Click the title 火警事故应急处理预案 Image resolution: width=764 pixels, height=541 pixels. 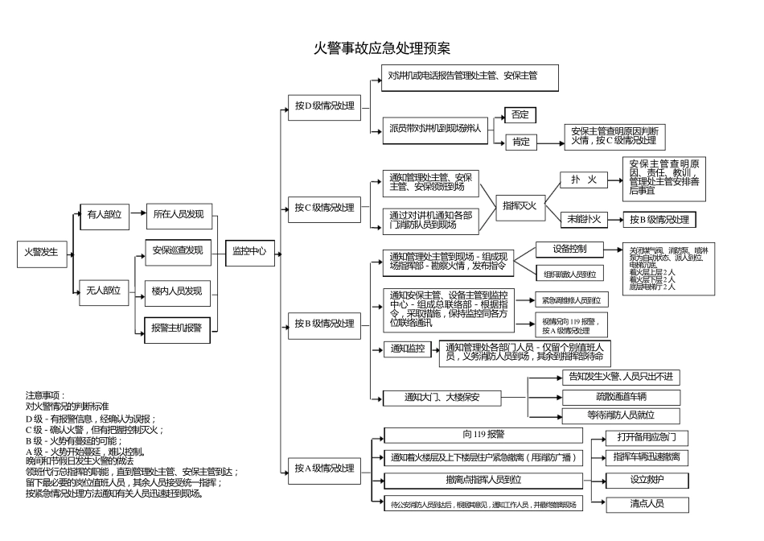[x=381, y=47]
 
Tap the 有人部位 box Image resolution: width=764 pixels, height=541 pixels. [x=105, y=214]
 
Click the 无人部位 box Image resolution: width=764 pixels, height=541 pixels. [x=105, y=291]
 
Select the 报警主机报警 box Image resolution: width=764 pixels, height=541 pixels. [x=177, y=328]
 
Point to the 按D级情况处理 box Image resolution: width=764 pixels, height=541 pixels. [x=324, y=105]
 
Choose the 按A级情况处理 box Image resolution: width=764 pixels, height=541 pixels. [x=324, y=469]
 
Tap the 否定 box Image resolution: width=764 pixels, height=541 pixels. [x=520, y=115]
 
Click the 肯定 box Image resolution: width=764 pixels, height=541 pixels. [x=520, y=142]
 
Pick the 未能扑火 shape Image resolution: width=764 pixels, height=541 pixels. [x=583, y=218]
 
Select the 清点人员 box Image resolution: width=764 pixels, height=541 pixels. [x=647, y=504]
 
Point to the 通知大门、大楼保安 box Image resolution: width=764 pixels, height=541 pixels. [x=442, y=397]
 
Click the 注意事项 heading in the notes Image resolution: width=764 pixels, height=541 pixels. [x=43, y=395]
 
